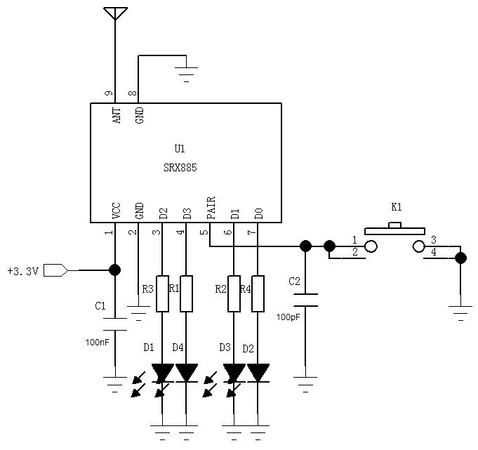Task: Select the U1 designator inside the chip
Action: point(180,149)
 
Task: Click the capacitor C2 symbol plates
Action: point(305,300)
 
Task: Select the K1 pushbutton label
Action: point(397,208)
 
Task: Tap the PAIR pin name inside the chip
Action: point(211,207)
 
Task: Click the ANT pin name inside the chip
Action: point(116,115)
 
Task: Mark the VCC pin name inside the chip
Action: point(116,210)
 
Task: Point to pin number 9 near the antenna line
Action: point(108,93)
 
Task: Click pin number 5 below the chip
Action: point(204,232)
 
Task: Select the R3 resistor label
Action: point(147,289)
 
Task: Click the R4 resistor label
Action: point(245,289)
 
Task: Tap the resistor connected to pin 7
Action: point(258,293)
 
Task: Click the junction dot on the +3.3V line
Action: point(114,270)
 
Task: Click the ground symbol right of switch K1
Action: point(460,312)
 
